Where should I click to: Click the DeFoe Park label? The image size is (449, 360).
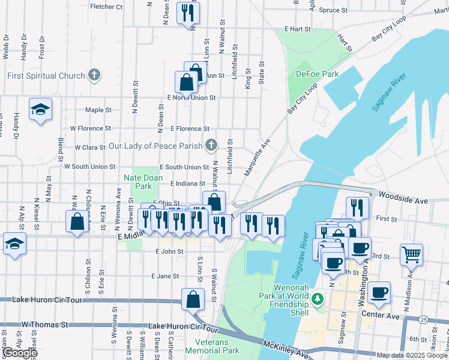coord(317,74)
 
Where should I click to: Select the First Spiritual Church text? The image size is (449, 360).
coord(46,76)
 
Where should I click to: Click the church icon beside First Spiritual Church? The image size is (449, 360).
coord(94,76)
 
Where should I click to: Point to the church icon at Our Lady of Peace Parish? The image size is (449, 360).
coord(211,145)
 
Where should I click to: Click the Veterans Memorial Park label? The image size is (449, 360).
coord(212,346)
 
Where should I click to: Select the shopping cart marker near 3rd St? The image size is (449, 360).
coord(411,254)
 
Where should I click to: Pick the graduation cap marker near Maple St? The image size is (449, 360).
coord(40,109)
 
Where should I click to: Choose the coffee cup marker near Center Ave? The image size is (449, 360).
coord(379,292)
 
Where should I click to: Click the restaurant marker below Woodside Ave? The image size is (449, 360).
coord(357,208)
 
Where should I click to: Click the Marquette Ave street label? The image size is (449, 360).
coord(257,158)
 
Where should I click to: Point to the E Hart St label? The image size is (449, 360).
coord(298,29)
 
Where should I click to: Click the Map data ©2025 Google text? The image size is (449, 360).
coord(412,355)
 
